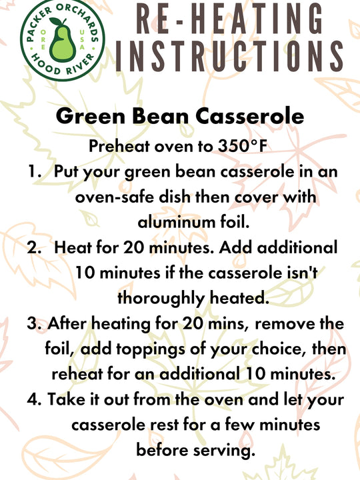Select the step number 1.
[33, 171]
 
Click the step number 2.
[33, 247]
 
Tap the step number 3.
[33, 323]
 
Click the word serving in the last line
[223, 450]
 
